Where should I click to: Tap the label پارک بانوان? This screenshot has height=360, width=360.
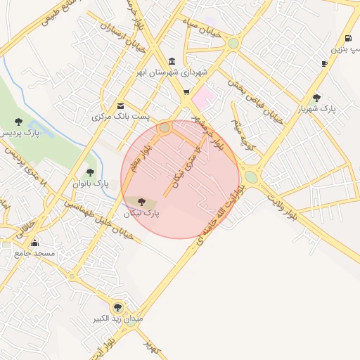point(89,184)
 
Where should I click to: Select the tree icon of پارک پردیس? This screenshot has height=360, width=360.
point(18,122)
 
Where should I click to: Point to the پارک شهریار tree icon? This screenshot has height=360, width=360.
point(316,98)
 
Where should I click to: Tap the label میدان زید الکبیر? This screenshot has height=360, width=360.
point(118,319)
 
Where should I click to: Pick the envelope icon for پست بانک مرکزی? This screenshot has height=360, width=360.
point(121,105)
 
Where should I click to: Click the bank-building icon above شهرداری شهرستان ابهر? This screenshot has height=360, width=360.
point(173,61)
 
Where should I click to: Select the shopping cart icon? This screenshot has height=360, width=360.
point(186,91)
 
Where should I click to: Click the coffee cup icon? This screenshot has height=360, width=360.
point(324,64)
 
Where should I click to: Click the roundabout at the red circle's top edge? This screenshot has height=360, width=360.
point(165,128)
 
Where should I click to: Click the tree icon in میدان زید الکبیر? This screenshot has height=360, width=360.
point(117,307)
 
